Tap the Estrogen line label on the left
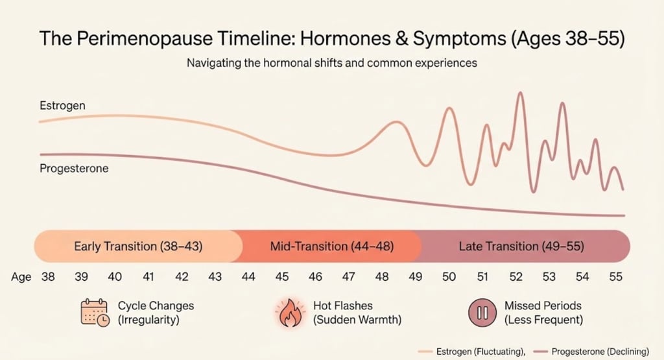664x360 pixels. coord(62,105)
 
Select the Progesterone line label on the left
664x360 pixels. coord(74,169)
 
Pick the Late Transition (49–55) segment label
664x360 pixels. coord(521,246)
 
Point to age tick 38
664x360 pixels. coord(48,277)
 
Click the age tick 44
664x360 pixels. coord(248,277)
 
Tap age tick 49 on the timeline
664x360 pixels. coord(415,277)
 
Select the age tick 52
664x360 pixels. coord(516,277)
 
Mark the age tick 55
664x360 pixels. coord(615,277)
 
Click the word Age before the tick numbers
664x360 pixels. coord(21,277)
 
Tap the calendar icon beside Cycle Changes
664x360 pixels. coord(94,313)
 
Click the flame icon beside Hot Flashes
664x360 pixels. coord(290,313)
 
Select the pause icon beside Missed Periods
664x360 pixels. coord(482,313)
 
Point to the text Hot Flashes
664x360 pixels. coord(343,306)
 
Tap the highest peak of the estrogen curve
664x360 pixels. coord(519,93)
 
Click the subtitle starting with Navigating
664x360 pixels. coord(331,64)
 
